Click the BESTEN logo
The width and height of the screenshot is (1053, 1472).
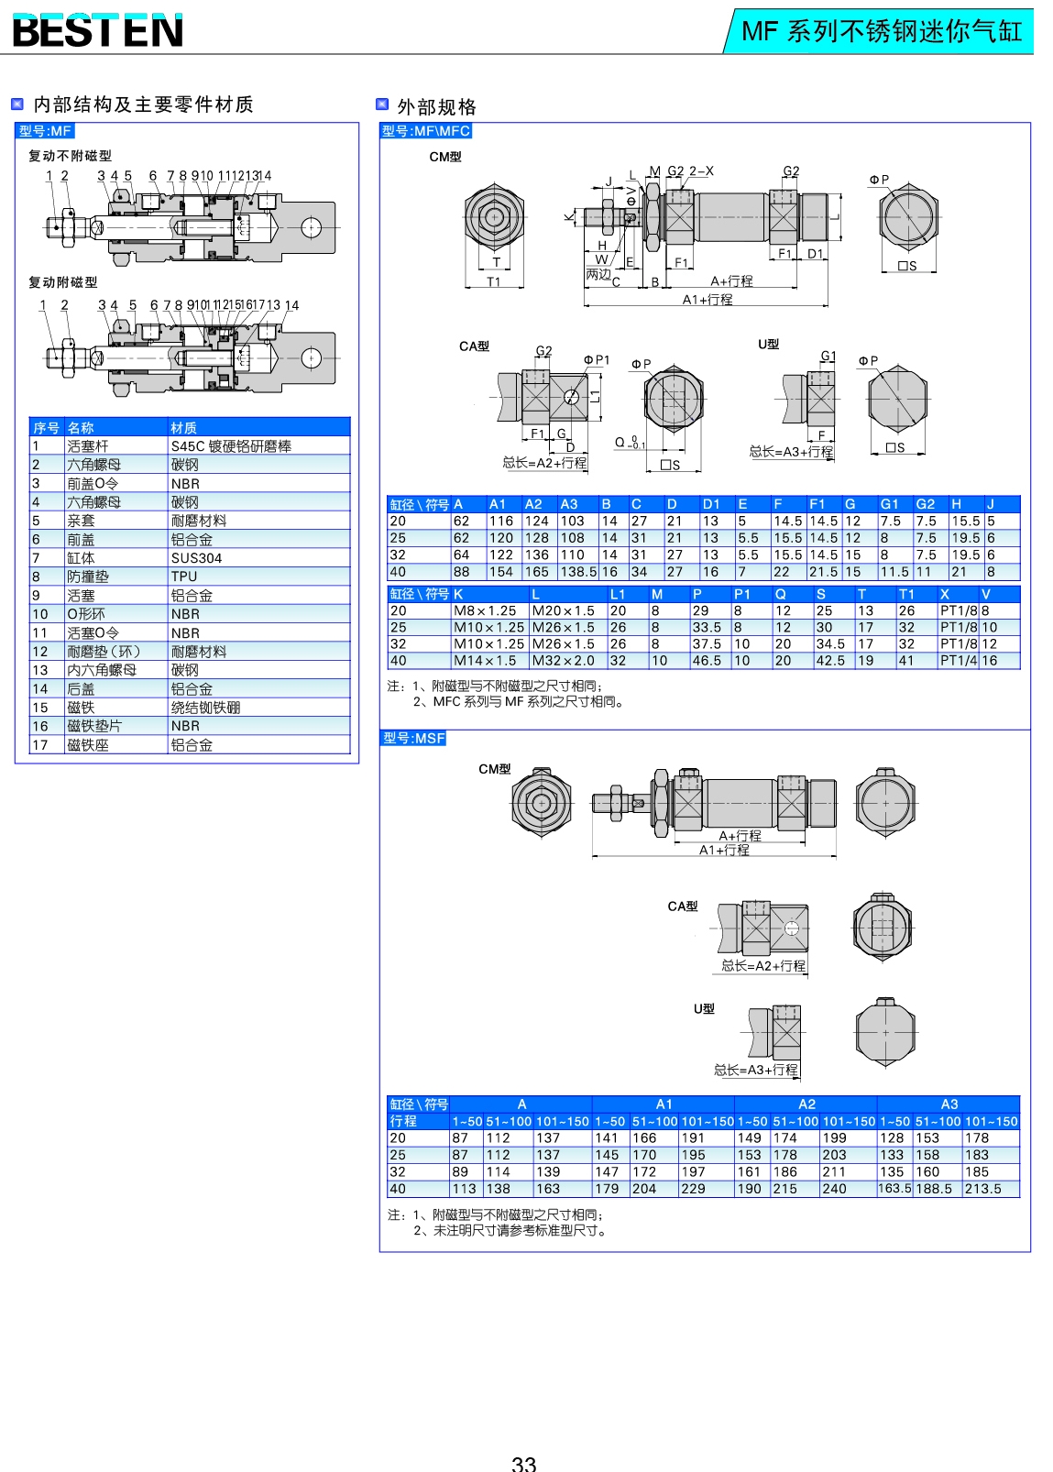97,30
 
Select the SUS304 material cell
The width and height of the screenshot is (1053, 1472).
196,558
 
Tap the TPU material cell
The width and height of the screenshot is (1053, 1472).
184,577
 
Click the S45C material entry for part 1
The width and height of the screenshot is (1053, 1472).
231,446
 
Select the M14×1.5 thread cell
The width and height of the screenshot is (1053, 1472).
485,661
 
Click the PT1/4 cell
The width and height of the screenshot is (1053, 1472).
959,661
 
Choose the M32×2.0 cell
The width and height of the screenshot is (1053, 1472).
563,661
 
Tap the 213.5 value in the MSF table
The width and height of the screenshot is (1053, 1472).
982,1189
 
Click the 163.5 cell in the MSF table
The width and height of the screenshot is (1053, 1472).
894,1189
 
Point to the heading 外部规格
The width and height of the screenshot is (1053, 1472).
436,106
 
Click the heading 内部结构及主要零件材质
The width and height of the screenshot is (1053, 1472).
143,104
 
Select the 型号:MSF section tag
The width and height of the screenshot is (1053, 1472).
413,738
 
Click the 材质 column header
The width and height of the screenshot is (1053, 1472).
183,428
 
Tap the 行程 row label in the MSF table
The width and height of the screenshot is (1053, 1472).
403,1121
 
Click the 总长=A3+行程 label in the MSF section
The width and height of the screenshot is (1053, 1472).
756,1070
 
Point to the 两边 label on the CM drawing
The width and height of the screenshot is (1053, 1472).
598,274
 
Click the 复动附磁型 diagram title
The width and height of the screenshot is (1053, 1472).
62,282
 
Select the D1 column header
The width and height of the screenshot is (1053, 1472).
711,504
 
